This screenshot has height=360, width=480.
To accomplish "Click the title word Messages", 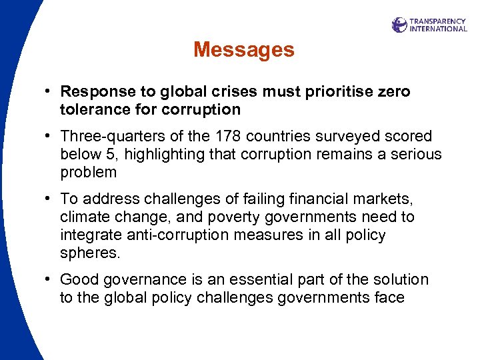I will click(243, 49).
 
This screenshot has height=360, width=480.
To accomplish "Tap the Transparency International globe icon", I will click(399, 25).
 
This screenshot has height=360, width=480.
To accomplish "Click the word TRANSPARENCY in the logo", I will click(438, 21).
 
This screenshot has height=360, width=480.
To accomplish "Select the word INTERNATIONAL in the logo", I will click(438, 29).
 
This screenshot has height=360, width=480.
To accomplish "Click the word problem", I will click(89, 173).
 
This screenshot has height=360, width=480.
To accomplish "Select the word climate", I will click(84, 217).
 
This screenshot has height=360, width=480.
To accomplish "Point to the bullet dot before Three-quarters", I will click(50, 137).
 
